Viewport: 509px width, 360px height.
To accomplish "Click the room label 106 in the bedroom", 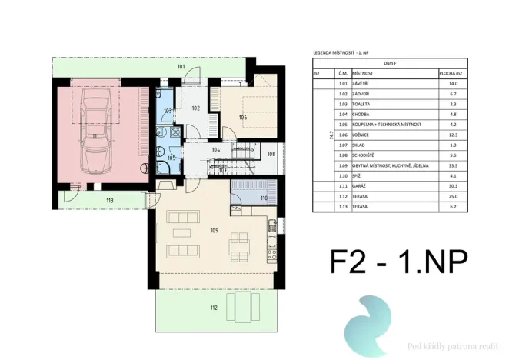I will (x=242, y=118).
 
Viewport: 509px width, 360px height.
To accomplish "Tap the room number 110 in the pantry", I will (x=264, y=198).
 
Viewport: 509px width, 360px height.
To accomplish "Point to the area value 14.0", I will (x=449, y=82).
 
